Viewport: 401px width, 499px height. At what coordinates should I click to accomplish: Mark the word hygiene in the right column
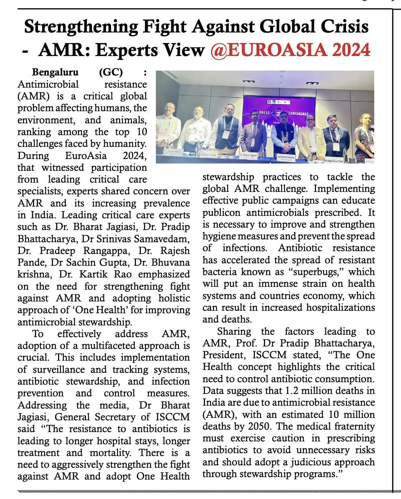click(218, 236)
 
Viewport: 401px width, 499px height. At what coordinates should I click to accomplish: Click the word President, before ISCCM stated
click(224, 355)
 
